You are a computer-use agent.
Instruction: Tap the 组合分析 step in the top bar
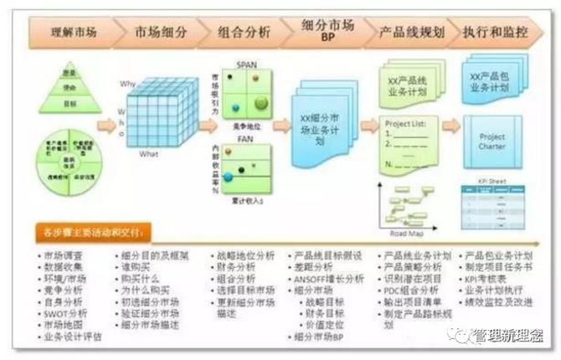(244, 33)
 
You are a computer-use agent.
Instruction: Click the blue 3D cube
(159, 117)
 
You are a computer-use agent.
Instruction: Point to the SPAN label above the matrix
(246, 64)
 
